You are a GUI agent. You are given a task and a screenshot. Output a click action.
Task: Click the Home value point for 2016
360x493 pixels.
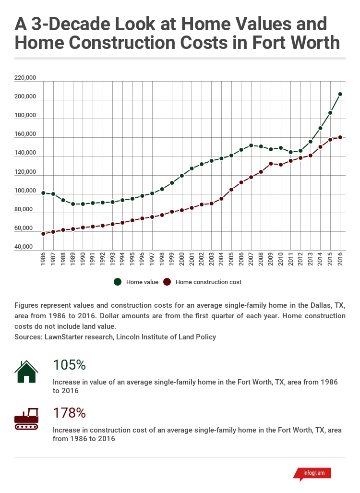tap(340, 94)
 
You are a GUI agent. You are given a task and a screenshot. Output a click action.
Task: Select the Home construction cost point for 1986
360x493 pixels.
tap(43, 234)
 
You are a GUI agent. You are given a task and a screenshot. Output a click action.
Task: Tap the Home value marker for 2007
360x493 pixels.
tap(251, 145)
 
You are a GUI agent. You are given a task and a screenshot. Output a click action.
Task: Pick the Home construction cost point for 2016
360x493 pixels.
tap(340, 137)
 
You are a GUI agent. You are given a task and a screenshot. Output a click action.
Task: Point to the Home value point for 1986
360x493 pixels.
tap(43, 193)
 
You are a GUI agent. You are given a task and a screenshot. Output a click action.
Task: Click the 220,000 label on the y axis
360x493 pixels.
tap(25, 78)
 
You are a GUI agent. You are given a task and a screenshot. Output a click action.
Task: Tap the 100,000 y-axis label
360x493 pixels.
tap(25, 191)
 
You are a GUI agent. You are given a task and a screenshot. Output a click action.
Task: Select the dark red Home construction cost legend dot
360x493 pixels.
tap(167, 282)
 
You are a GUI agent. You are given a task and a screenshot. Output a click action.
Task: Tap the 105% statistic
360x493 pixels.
tap(69, 365)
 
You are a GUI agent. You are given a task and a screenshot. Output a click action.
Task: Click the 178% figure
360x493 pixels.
tap(69, 413)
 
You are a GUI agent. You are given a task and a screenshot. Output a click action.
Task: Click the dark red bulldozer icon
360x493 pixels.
tap(26, 419)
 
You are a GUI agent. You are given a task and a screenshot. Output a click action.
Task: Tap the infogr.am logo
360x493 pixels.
tap(312, 473)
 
